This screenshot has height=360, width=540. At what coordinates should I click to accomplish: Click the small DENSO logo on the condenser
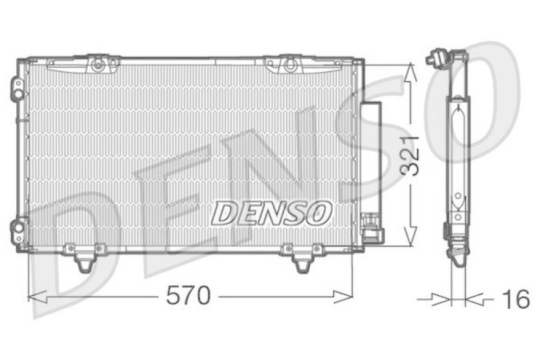coord(272,213)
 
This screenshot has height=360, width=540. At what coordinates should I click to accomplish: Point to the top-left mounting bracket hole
coord(98,65)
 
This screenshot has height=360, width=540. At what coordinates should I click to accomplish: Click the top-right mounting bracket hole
coord(290,65)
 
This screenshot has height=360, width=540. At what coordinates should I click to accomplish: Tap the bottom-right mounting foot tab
coord(302,260)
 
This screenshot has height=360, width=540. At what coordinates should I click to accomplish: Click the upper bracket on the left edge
coord(17,87)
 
